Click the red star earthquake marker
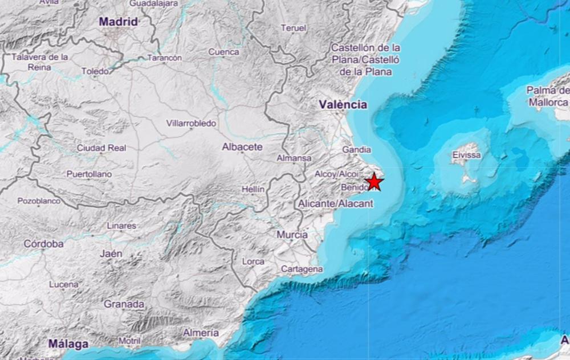(x=374, y=182)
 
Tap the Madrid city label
(x=118, y=22)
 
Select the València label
(x=343, y=105)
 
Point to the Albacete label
(x=242, y=147)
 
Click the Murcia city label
(x=292, y=235)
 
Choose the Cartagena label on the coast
(x=302, y=269)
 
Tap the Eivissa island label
(x=466, y=155)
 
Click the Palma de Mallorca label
(x=548, y=96)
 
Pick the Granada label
(x=124, y=304)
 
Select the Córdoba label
(x=43, y=244)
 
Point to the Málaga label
(x=68, y=344)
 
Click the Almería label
(x=201, y=333)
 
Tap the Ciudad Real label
(x=101, y=148)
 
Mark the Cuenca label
(x=223, y=52)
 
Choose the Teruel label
(x=294, y=27)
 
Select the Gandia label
(x=357, y=150)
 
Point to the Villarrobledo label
(x=191, y=123)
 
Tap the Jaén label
(x=111, y=254)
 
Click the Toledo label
(x=95, y=71)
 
